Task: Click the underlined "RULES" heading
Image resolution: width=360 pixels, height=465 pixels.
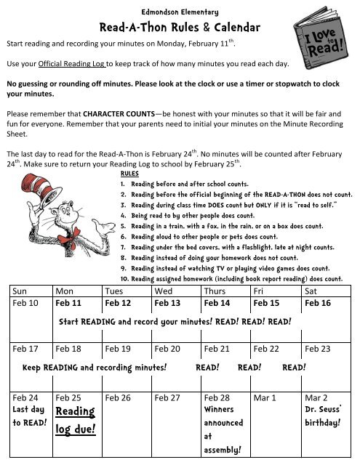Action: (x=128, y=174)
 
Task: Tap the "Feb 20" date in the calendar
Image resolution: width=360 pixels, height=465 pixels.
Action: (x=168, y=349)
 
